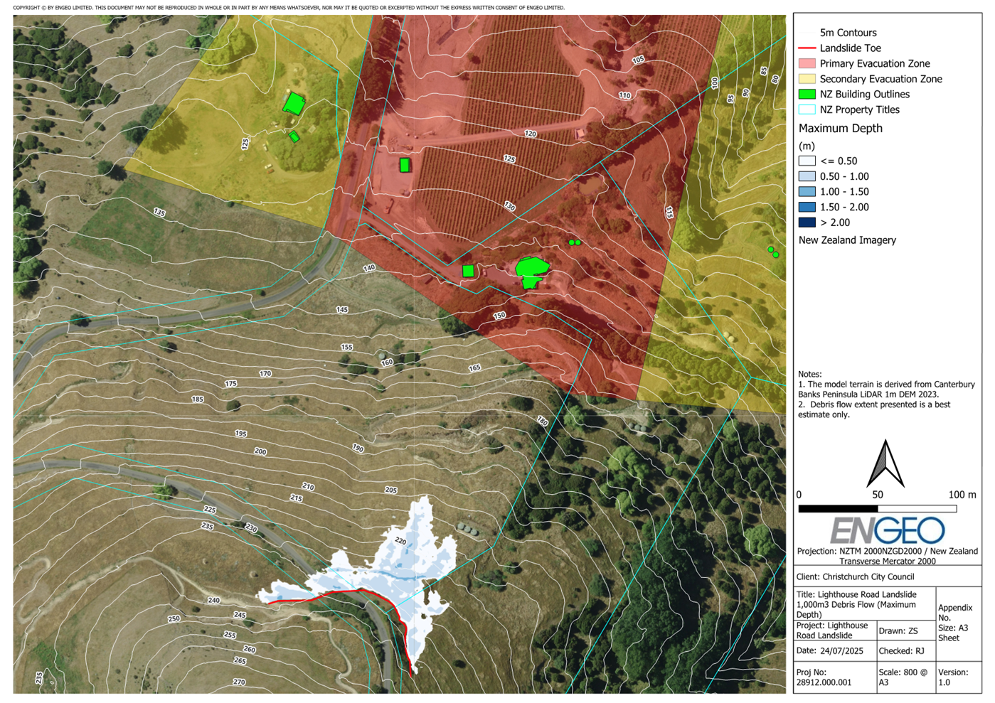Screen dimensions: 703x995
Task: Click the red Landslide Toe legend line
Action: point(807,48)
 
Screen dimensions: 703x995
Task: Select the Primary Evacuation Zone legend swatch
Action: point(807,64)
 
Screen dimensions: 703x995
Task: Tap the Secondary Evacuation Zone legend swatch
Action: point(807,79)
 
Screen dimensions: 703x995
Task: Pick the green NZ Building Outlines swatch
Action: point(807,95)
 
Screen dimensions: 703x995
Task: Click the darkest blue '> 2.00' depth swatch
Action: point(807,222)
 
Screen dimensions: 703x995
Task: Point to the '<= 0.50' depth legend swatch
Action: point(807,161)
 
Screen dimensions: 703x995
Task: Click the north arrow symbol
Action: point(885,463)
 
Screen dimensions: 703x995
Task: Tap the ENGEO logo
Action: point(887,530)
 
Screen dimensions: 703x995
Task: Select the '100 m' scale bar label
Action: point(962,495)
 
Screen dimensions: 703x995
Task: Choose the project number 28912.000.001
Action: point(824,682)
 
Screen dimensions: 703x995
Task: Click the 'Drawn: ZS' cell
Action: point(898,631)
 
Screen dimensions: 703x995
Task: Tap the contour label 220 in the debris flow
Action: point(400,542)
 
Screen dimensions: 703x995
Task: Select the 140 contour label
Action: point(368,269)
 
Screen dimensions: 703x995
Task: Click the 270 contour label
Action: point(239,682)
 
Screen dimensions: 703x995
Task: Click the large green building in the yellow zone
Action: point(293,104)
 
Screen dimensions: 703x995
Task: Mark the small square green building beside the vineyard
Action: point(405,166)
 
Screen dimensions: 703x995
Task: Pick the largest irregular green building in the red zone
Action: point(531,269)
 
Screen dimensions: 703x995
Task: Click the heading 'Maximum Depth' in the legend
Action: point(840,129)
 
